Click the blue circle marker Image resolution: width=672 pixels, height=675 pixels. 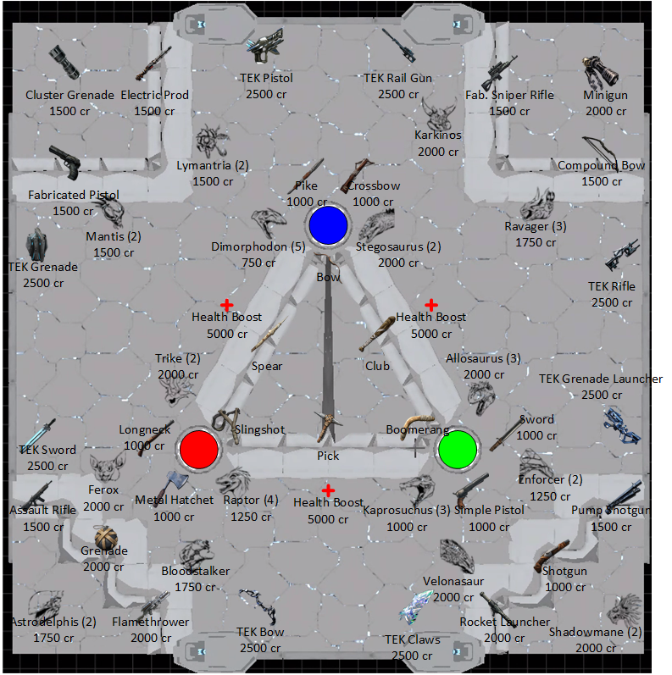(328, 225)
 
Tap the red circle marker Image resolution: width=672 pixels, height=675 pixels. (198, 449)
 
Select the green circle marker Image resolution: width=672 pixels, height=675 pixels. (458, 450)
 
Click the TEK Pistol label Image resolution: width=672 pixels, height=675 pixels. (266, 78)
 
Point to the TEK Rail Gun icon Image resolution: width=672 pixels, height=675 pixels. (399, 45)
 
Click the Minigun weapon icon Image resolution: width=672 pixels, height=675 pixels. (601, 72)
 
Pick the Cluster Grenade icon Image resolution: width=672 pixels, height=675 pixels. (64, 63)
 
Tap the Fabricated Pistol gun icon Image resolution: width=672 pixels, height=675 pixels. (65, 163)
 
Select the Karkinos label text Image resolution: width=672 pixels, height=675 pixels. (437, 136)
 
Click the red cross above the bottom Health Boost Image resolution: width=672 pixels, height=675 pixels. (328, 490)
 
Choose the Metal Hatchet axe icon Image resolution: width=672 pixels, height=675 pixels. (171, 485)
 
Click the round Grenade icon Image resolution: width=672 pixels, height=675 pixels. (105, 538)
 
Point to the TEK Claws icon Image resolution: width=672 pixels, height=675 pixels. (416, 607)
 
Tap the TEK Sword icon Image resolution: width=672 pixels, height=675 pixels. (39, 434)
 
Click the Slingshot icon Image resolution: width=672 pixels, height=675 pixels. (227, 425)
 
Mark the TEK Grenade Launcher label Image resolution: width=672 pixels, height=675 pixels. (601, 379)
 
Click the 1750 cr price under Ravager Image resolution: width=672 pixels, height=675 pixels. (536, 243)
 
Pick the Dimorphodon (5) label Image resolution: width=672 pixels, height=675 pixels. (258, 246)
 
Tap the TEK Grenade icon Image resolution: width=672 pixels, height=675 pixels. (36, 245)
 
